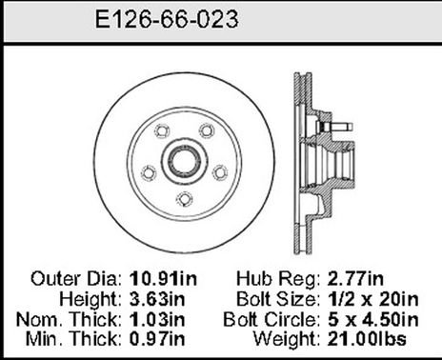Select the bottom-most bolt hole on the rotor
182,197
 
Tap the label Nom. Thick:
73,318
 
